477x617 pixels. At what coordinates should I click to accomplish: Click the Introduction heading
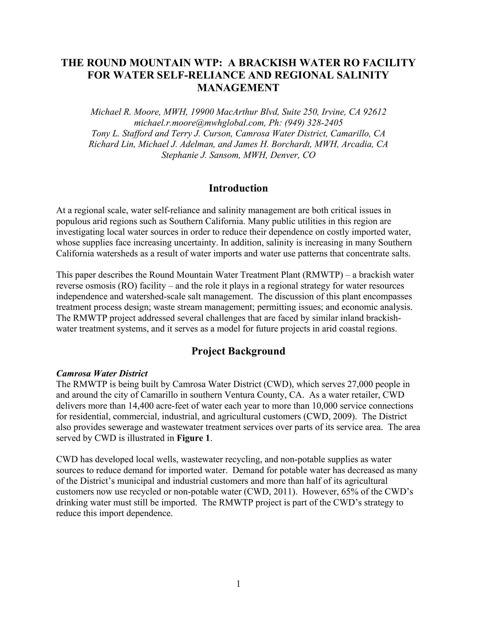point(238,188)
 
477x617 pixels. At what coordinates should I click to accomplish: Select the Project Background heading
point(238,351)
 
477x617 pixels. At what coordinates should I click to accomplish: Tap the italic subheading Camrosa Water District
point(102,374)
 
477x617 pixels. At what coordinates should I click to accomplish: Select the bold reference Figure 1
point(194,438)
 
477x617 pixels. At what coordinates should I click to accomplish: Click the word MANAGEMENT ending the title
point(238,88)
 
